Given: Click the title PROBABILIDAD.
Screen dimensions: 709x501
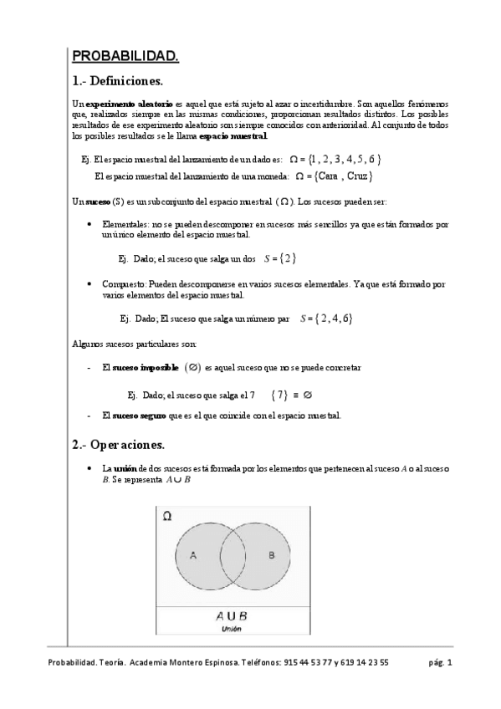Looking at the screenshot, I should point(125,57).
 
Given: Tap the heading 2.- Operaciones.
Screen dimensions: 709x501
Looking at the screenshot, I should point(118,444).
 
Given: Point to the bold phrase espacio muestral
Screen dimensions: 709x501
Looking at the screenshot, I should point(233,135).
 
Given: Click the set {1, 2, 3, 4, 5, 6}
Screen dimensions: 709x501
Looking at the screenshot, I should point(335,158).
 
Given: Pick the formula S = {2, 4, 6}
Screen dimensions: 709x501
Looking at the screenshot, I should point(326,318).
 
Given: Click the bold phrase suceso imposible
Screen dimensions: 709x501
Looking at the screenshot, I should point(136,367).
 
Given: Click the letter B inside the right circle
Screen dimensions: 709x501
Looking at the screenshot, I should point(271,554).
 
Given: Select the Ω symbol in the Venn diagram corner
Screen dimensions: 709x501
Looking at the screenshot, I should point(167,517).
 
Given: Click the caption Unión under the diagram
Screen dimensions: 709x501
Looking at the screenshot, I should point(232,628).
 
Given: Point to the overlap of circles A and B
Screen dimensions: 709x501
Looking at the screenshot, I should point(233,555).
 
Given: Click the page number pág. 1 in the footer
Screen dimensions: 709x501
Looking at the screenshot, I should point(439,662).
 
